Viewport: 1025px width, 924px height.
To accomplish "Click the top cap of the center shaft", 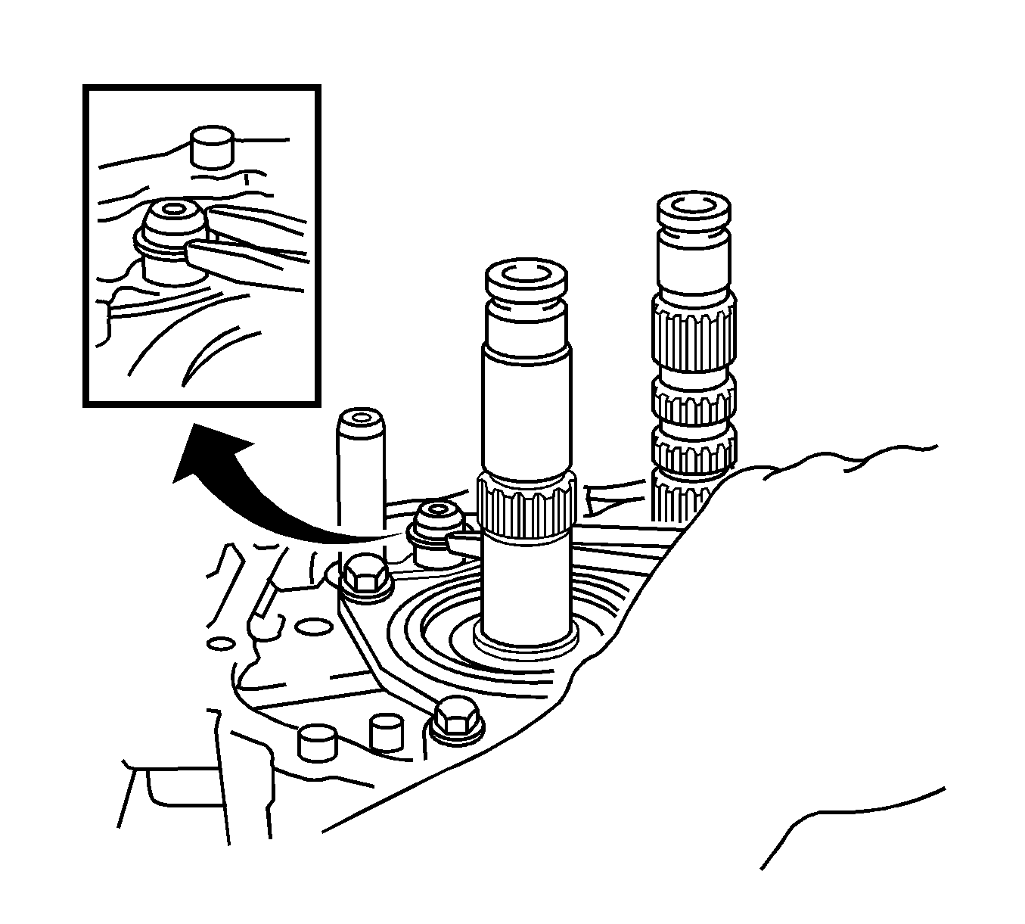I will (x=525, y=278).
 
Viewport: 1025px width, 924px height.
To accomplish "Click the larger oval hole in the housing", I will (x=313, y=627).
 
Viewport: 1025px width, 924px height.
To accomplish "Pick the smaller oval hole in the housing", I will (x=220, y=643).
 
